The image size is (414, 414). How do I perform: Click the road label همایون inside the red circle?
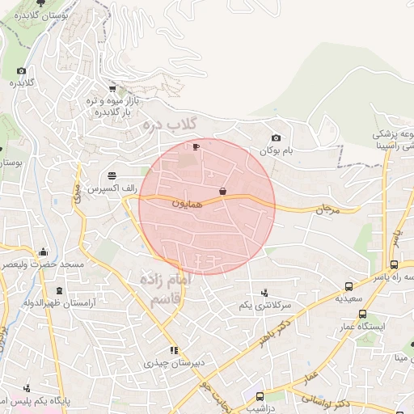[x=188, y=205]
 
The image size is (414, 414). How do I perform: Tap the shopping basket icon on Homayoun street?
[x=222, y=191]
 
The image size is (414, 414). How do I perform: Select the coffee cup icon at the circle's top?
[x=195, y=146]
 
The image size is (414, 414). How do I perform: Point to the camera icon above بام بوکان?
[x=277, y=138]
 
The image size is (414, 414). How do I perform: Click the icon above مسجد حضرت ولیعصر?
[x=42, y=251]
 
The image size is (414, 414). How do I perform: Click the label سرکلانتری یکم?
[x=264, y=305]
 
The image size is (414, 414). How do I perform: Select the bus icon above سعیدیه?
[x=349, y=286]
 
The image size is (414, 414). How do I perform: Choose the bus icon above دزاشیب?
[x=260, y=396]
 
